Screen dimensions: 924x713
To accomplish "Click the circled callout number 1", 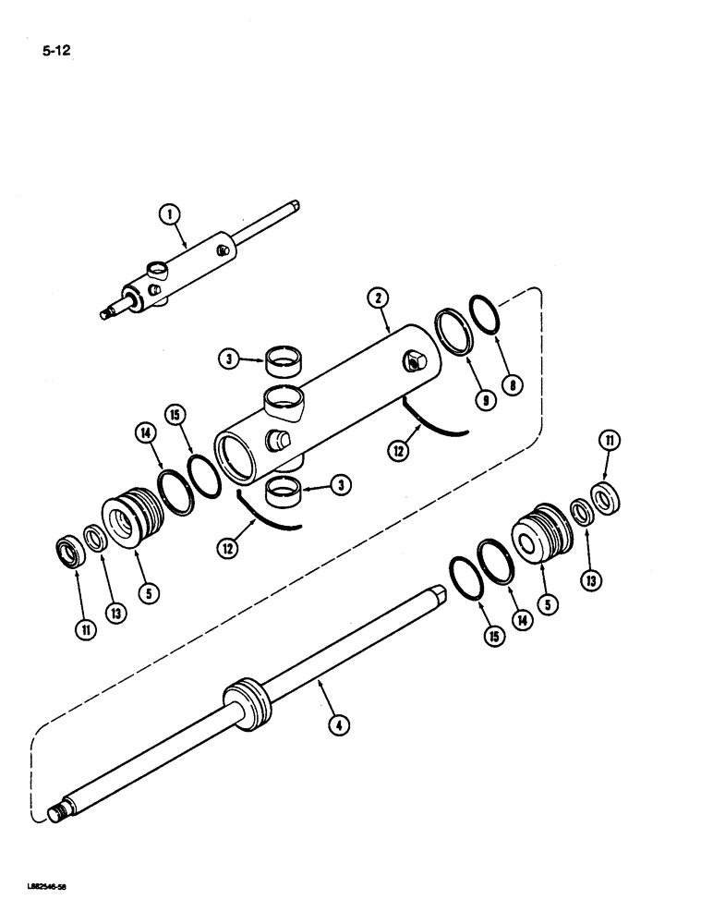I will (x=168, y=214).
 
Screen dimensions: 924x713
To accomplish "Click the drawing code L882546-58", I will (x=43, y=885).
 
